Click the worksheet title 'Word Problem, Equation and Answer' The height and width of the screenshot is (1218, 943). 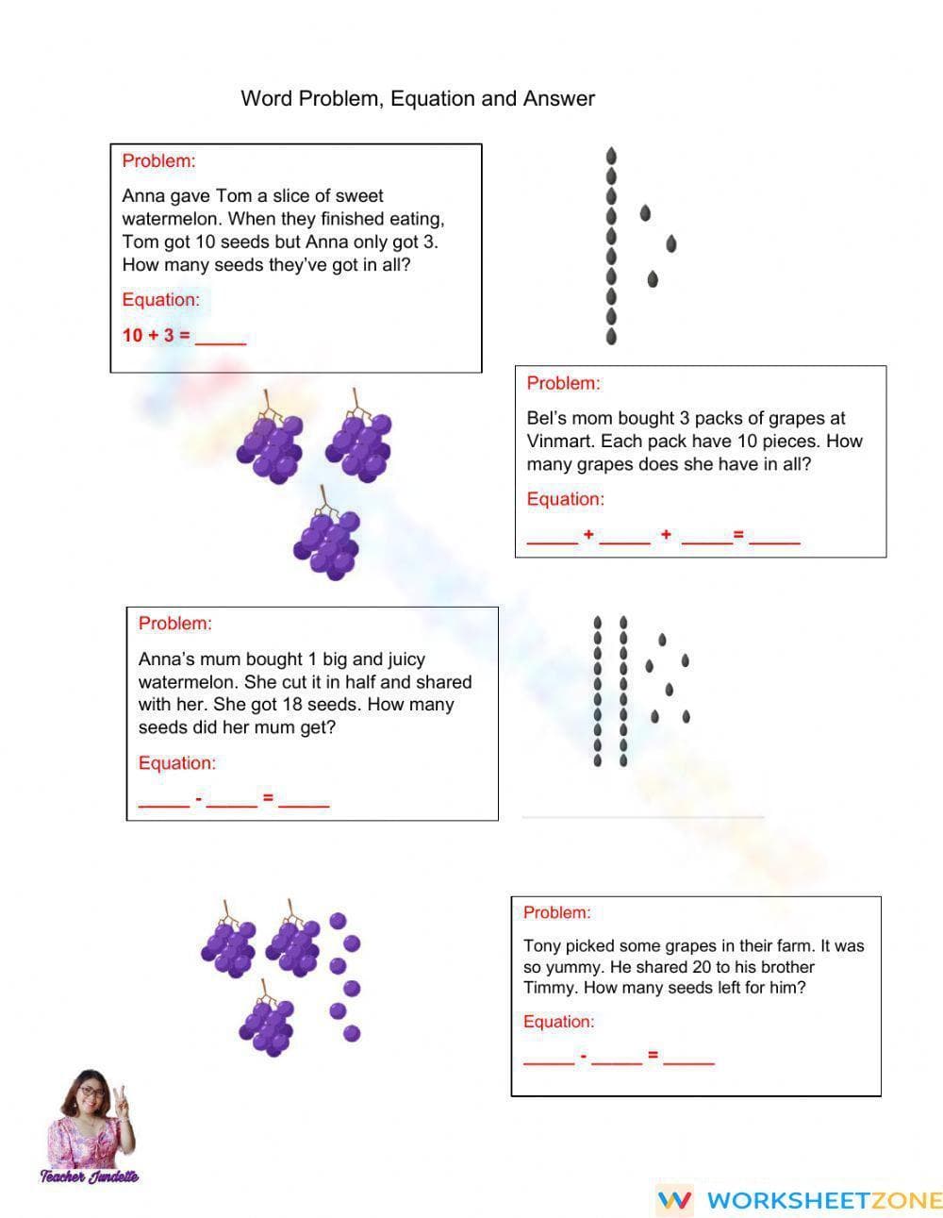point(418,98)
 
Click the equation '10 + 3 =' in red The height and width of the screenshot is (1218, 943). point(156,335)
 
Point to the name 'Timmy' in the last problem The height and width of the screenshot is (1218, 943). point(548,988)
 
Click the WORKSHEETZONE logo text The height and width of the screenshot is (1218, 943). point(823,1200)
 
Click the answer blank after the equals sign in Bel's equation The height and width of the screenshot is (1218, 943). point(774,538)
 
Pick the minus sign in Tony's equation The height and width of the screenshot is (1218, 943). point(584,1056)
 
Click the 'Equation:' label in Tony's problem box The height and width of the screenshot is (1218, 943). point(558,1022)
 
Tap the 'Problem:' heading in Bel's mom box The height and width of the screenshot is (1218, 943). point(563,383)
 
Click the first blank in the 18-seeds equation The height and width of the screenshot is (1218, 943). point(163,801)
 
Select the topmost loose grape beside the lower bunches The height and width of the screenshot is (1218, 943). point(338,921)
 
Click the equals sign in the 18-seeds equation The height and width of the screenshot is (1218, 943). point(268,798)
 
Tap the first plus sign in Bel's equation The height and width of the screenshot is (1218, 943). point(588,535)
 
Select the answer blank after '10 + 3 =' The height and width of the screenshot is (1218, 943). point(220,338)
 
